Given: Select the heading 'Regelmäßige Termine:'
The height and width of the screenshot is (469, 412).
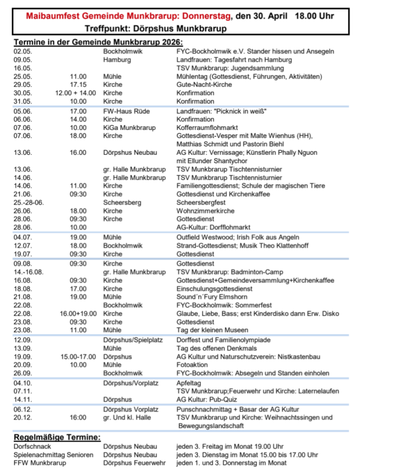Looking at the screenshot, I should [57, 437].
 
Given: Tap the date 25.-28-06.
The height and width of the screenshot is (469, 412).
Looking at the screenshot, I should [29, 202].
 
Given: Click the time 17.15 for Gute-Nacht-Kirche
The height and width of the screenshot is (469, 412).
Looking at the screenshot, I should [78, 85].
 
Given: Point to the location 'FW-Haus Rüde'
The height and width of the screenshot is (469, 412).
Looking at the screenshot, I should [127, 111].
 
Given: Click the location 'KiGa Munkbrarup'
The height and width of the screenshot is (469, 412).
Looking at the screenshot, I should [129, 128].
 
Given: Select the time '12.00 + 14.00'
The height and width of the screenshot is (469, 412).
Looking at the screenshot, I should [76, 93].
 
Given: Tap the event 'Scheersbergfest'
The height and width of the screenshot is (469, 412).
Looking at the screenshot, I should [201, 202].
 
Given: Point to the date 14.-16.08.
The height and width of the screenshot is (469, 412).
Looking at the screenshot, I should [28, 272].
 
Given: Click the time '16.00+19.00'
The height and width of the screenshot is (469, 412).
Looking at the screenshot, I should [78, 314].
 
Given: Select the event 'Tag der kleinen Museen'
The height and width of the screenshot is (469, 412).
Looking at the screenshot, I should [212, 330].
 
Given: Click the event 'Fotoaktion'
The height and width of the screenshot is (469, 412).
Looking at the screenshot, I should [192, 365].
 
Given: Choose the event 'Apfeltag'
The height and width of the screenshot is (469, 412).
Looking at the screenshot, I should [189, 383].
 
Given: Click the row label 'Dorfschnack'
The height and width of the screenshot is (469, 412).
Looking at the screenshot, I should [33, 447].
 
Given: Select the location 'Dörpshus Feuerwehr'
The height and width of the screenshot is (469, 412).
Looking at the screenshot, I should [134, 463].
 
